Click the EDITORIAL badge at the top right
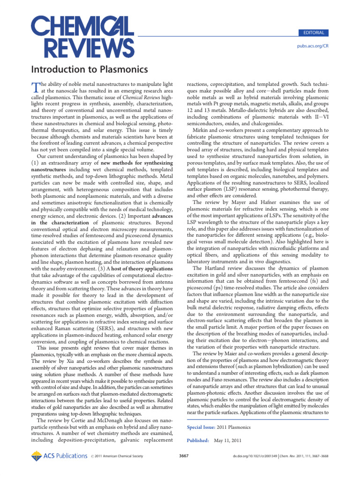[x=314, y=33]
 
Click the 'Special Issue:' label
[x=201, y=427]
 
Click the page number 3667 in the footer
[x=184, y=456]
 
